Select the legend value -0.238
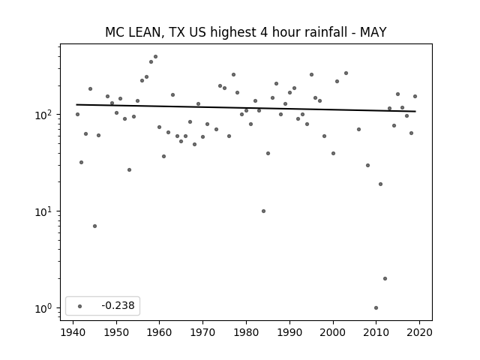[118, 305]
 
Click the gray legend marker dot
[79, 306]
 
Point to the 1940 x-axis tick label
[73, 332]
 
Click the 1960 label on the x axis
[159, 332]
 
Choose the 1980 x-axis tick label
[246, 332]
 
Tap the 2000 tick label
[333, 332]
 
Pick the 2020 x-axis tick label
[419, 332]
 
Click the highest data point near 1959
[155, 57]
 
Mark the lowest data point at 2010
[376, 308]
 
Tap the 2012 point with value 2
[385, 278]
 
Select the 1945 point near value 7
[95, 226]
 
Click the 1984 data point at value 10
[263, 211]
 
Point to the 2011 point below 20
[380, 184]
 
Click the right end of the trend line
[415, 112]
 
